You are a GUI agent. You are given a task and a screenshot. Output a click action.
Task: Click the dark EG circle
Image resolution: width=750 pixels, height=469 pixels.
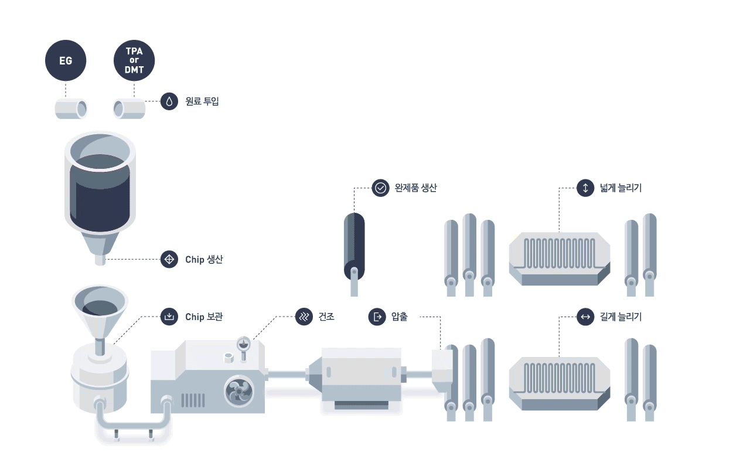click(x=66, y=60)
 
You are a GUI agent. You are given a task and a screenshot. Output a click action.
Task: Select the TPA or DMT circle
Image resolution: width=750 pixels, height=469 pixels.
click(x=134, y=60)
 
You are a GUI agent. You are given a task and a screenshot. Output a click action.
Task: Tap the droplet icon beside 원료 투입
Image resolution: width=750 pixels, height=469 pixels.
click(x=169, y=101)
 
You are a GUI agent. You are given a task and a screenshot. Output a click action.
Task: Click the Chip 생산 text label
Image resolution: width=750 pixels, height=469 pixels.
click(x=204, y=259)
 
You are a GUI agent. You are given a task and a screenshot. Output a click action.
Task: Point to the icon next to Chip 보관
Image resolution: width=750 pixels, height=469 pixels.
click(x=169, y=317)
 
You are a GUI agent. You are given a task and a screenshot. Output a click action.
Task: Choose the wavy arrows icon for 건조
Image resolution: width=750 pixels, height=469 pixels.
click(x=304, y=317)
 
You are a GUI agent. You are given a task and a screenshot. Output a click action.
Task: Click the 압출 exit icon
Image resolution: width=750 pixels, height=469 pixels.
click(x=377, y=317)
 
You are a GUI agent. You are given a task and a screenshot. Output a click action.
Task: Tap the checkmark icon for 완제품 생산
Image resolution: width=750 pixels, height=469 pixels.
click(x=380, y=188)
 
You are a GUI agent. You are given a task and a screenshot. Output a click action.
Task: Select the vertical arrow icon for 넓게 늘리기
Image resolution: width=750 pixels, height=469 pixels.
click(x=585, y=188)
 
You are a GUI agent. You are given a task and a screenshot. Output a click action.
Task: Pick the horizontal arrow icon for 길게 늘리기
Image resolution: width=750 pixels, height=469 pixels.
click(x=585, y=317)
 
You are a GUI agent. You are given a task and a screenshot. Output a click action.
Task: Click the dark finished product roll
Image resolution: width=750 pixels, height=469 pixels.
click(x=354, y=247)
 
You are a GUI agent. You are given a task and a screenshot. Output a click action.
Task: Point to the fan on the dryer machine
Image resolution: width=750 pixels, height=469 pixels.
click(x=239, y=391)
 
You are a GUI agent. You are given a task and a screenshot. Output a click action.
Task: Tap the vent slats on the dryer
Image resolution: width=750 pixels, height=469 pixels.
click(x=193, y=400)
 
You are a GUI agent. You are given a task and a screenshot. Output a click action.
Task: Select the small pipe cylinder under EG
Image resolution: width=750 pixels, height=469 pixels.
click(x=71, y=108)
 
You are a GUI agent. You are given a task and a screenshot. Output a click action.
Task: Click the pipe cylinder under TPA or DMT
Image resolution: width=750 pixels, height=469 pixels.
click(x=129, y=108)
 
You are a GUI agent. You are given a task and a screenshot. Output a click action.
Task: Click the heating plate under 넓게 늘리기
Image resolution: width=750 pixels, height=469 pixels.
click(x=560, y=259)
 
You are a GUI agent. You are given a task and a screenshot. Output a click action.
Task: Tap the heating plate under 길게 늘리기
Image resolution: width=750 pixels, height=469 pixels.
click(x=560, y=383)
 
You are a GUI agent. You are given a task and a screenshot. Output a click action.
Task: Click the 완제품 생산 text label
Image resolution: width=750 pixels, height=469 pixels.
click(x=415, y=188)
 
